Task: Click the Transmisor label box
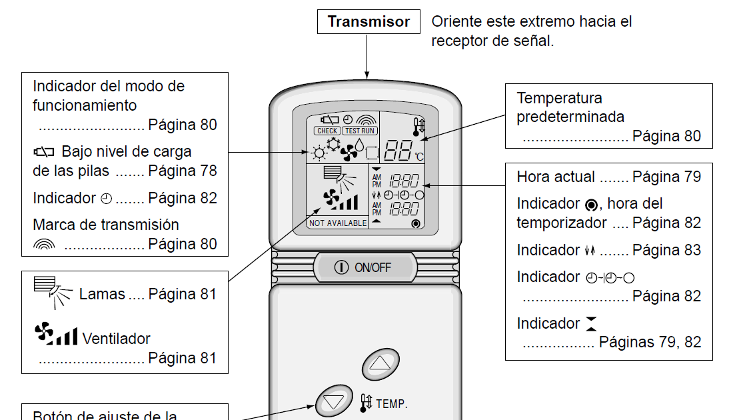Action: [x=368, y=21]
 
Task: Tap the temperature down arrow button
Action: [x=334, y=402]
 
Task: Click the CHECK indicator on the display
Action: [x=327, y=131]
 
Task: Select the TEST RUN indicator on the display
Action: [x=360, y=131]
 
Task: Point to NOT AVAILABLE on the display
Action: [x=338, y=223]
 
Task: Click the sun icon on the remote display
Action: [x=320, y=153]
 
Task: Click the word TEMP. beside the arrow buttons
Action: [x=392, y=403]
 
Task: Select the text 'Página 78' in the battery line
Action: [x=183, y=171]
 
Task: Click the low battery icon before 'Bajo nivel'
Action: [x=43, y=152]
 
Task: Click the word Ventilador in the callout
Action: [x=117, y=339]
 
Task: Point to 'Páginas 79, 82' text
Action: [x=650, y=342]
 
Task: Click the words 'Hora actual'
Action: [x=556, y=177]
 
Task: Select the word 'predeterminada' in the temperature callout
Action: [x=570, y=117]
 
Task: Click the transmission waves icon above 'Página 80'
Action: [x=44, y=245]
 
